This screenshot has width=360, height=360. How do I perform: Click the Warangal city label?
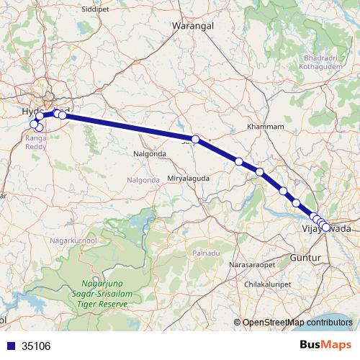pos(190,27)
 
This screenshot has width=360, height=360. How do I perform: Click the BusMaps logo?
pos(325,345)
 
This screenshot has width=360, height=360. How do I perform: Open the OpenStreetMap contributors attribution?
pos(297,323)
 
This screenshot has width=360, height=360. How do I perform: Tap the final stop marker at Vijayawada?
pos(326,228)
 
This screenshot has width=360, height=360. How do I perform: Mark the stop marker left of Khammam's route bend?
pos(195,138)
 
